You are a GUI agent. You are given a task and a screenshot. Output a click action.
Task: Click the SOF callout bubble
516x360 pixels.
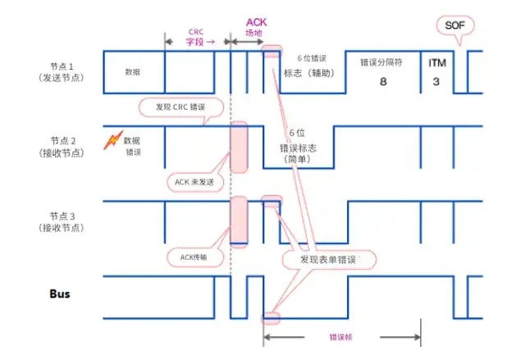453,25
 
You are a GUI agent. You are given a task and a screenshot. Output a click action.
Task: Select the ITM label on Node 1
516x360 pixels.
436,62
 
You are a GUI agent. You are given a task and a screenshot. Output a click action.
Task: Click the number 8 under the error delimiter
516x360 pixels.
382,83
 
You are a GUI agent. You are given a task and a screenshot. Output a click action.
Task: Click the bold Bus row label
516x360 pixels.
60,292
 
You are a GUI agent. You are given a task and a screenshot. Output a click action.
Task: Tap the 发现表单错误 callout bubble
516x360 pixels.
327,259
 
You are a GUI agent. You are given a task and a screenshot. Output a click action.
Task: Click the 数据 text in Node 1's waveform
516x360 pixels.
132,71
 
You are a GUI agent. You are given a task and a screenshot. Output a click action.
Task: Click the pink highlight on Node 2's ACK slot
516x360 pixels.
238,148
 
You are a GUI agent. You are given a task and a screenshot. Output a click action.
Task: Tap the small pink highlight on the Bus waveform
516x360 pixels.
271,318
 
